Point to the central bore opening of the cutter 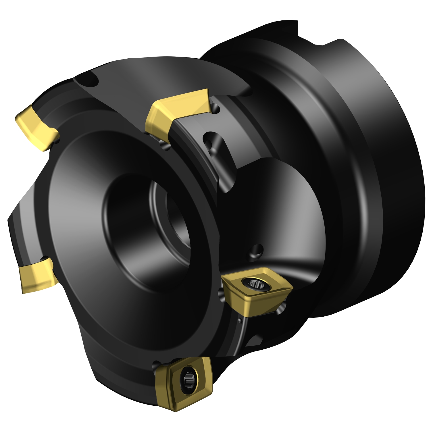tap(170, 218)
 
